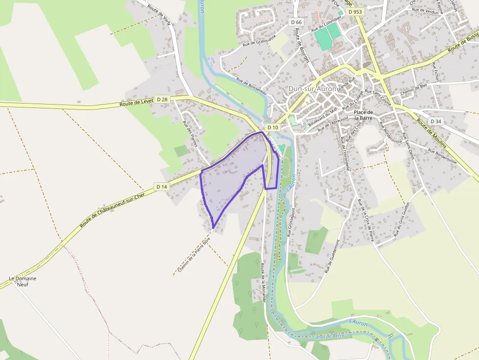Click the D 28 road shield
(162, 100)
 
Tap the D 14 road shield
(162, 187)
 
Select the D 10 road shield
(273, 127)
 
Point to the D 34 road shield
(436, 121)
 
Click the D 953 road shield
(355, 11)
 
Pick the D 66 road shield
(296, 22)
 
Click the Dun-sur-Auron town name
(312, 88)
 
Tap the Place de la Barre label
(364, 115)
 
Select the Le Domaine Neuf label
(22, 281)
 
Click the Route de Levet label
(137, 103)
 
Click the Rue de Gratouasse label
(260, 39)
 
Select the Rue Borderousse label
(442, 156)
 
